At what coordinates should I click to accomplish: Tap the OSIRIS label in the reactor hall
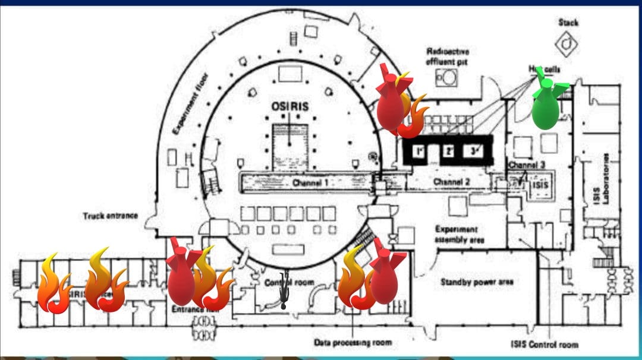pyautogui.click(x=289, y=107)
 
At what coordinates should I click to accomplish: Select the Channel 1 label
pyautogui.click(x=310, y=183)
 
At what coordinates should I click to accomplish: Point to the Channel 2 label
pyautogui.click(x=452, y=181)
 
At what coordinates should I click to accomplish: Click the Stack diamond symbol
pyautogui.click(x=568, y=43)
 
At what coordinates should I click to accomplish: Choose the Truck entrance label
pyautogui.click(x=110, y=216)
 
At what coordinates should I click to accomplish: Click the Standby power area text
pyautogui.click(x=477, y=282)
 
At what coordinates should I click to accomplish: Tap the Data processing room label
pyautogui.click(x=353, y=343)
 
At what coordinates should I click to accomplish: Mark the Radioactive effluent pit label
pyautogui.click(x=448, y=56)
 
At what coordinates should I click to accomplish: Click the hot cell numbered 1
pyautogui.click(x=418, y=151)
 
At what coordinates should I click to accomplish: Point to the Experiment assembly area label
pyautogui.click(x=460, y=234)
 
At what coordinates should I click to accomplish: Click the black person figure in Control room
pyautogui.click(x=285, y=291)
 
